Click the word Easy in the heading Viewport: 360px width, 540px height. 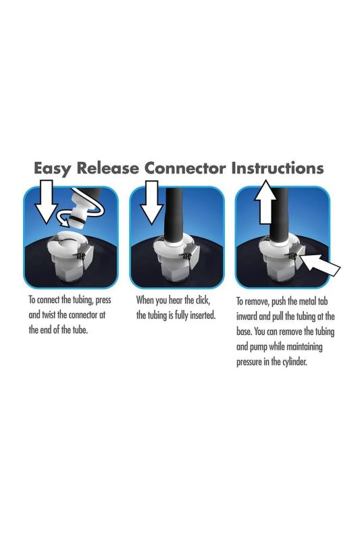pos(53,169)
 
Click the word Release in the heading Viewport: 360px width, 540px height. pos(108,168)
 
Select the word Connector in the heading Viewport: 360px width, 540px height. pos(185,168)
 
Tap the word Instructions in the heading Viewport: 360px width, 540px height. pos(278,168)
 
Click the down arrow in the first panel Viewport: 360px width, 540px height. pos(46,201)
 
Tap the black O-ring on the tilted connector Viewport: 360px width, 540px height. pos(78,218)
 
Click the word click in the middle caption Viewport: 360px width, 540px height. pos(202,300)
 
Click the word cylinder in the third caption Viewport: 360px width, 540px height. pos(294,362)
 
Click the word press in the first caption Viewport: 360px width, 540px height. pos(103,300)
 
